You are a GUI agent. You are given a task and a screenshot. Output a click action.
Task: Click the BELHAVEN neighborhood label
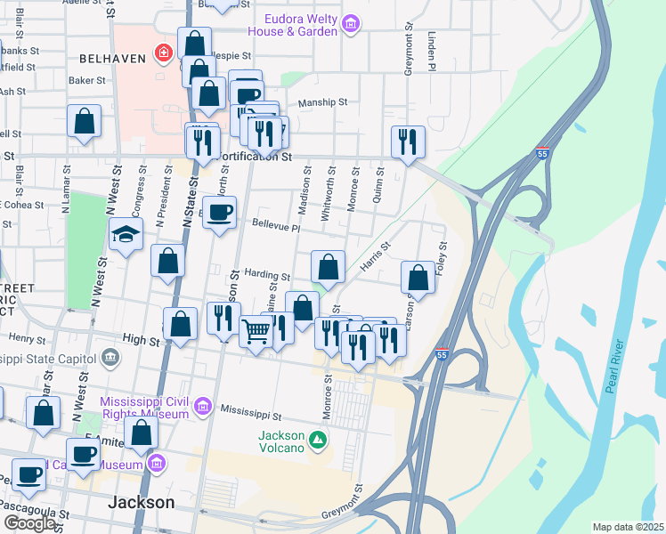click(112, 58)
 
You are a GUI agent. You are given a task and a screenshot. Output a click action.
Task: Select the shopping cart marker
click(256, 331)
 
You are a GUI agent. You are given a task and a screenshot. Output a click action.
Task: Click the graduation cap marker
click(126, 234)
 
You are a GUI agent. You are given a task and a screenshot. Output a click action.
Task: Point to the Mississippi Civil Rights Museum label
click(145, 408)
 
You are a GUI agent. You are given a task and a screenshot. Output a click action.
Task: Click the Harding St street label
click(267, 277)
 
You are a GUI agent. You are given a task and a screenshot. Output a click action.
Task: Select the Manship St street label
click(322, 102)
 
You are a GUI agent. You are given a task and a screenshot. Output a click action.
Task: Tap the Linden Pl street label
click(431, 53)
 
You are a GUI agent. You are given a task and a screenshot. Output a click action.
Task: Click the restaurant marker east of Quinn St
click(408, 140)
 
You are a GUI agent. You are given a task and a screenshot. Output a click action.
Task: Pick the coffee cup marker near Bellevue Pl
click(220, 212)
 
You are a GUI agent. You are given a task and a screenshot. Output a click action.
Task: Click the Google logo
click(29, 523)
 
